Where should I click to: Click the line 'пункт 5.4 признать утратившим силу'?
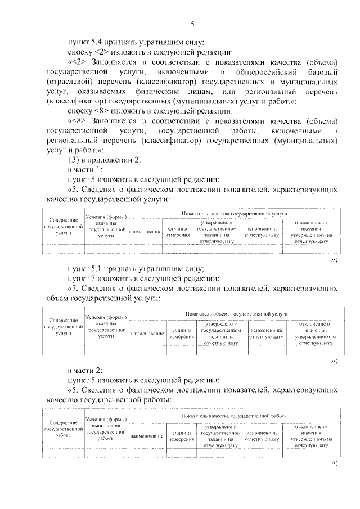136,41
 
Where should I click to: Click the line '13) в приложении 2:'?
101,159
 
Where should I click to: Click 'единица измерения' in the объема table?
182,334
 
